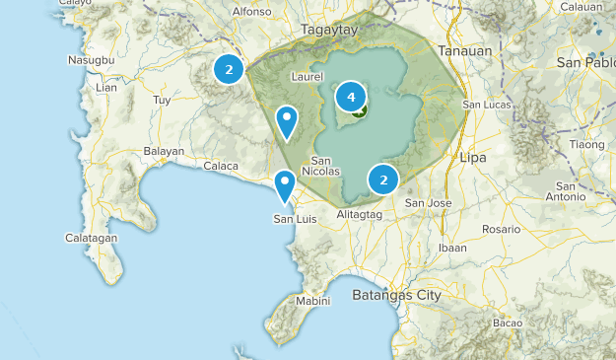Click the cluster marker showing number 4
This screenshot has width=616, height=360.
pyautogui.click(x=351, y=97)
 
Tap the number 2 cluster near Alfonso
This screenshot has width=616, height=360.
pyautogui.click(x=229, y=69)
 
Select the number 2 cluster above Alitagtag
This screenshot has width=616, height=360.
pyautogui.click(x=382, y=180)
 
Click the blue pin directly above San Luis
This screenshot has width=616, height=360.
pyautogui.click(x=285, y=185)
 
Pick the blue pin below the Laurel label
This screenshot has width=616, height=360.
pyautogui.click(x=287, y=121)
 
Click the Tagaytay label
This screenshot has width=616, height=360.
pyautogui.click(x=326, y=31)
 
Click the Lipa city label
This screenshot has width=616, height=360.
pyautogui.click(x=474, y=156)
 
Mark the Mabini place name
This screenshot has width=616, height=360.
pyautogui.click(x=313, y=302)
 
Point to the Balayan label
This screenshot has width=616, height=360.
pyautogui.click(x=164, y=151)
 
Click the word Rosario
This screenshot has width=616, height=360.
pyautogui.click(x=502, y=229)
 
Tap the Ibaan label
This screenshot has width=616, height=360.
pyautogui.click(x=452, y=248)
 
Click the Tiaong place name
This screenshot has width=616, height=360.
pyautogui.click(x=586, y=144)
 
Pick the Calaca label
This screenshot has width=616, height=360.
pyautogui.click(x=221, y=166)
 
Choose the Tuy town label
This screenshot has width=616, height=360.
pyautogui.click(x=162, y=101)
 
